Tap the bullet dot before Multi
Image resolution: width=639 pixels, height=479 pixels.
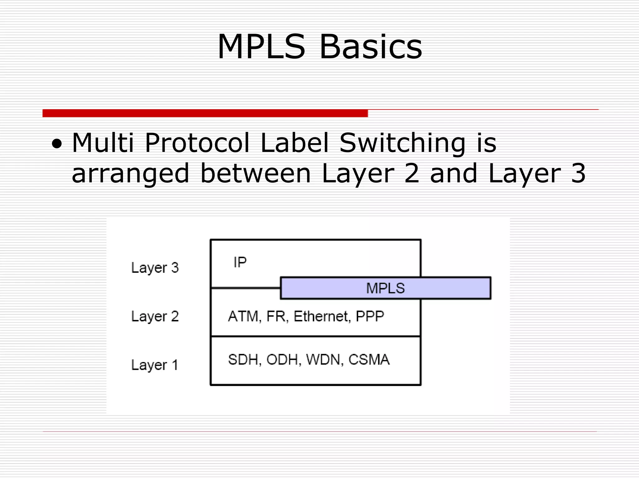[57, 144]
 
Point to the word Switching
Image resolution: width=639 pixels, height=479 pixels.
[402, 143]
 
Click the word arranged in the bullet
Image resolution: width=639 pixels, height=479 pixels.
[130, 174]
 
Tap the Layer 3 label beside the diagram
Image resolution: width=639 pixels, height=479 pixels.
[155, 268]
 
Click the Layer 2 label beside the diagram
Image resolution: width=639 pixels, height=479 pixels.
[155, 317]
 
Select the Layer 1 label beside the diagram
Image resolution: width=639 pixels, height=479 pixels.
[155, 365]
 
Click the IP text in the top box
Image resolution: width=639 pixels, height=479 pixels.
[240, 262]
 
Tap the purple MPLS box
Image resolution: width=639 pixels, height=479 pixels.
[386, 288]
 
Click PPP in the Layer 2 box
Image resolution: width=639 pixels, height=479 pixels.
[370, 317]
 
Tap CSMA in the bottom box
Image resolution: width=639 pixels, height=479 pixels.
[369, 360]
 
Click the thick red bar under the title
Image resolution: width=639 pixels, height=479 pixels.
[205, 113]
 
